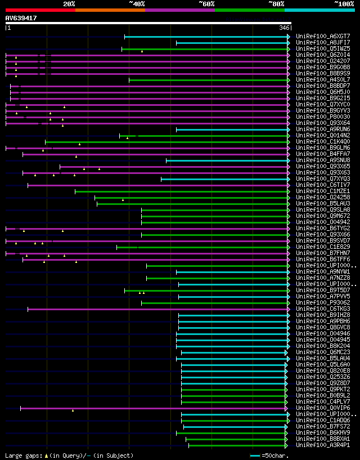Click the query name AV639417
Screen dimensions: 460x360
(x=21, y=18)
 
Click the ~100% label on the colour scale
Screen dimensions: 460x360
(x=344, y=4)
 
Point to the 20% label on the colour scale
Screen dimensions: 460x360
(x=69, y=4)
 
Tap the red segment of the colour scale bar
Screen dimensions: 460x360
(x=40, y=10)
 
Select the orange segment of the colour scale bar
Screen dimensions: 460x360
(x=110, y=10)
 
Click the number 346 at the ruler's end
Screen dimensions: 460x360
(x=283, y=28)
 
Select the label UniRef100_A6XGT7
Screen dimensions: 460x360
(x=322, y=37)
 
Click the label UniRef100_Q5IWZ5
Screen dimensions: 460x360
(x=322, y=49)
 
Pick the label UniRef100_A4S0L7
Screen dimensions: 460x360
(x=322, y=80)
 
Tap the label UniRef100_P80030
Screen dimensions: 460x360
(x=322, y=117)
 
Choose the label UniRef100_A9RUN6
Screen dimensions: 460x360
(x=322, y=129)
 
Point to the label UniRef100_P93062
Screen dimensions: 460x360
(x=322, y=303)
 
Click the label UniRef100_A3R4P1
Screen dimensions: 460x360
(x=322, y=445)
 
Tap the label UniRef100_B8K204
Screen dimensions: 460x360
(x=322, y=346)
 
